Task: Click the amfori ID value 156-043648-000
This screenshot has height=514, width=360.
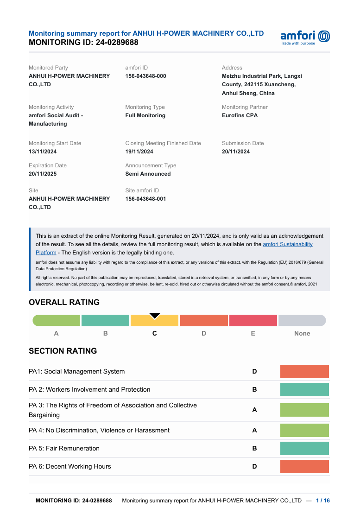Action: coord(145,76)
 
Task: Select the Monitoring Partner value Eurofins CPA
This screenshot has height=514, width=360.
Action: coord(240,115)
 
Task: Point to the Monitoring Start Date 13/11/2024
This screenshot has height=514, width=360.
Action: coord(43,152)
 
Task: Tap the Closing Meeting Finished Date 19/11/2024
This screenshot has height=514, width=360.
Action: coord(139,152)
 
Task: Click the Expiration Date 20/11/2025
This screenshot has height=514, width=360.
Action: coord(43,174)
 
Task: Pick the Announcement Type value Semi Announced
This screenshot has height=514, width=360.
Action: coord(148,174)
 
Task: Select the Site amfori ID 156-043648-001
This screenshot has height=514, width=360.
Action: coord(145,199)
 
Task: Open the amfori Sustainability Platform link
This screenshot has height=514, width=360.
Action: coord(287,244)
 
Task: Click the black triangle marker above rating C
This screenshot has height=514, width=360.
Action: coord(155,316)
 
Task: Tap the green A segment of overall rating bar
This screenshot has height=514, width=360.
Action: coord(57,320)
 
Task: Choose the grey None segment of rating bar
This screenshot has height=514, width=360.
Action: coord(302,320)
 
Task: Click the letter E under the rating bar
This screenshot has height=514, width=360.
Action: coord(253,333)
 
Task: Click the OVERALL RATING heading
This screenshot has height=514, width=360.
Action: coord(64,302)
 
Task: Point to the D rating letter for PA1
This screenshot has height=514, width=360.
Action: coord(254,371)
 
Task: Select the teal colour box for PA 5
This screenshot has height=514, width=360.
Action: coord(304,448)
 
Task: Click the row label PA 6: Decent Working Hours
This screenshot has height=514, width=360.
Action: coord(70,466)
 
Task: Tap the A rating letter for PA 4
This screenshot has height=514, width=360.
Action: coord(254,430)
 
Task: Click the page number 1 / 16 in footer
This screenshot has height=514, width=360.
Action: coord(323,501)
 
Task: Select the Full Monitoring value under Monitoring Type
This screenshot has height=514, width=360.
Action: coord(145,115)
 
